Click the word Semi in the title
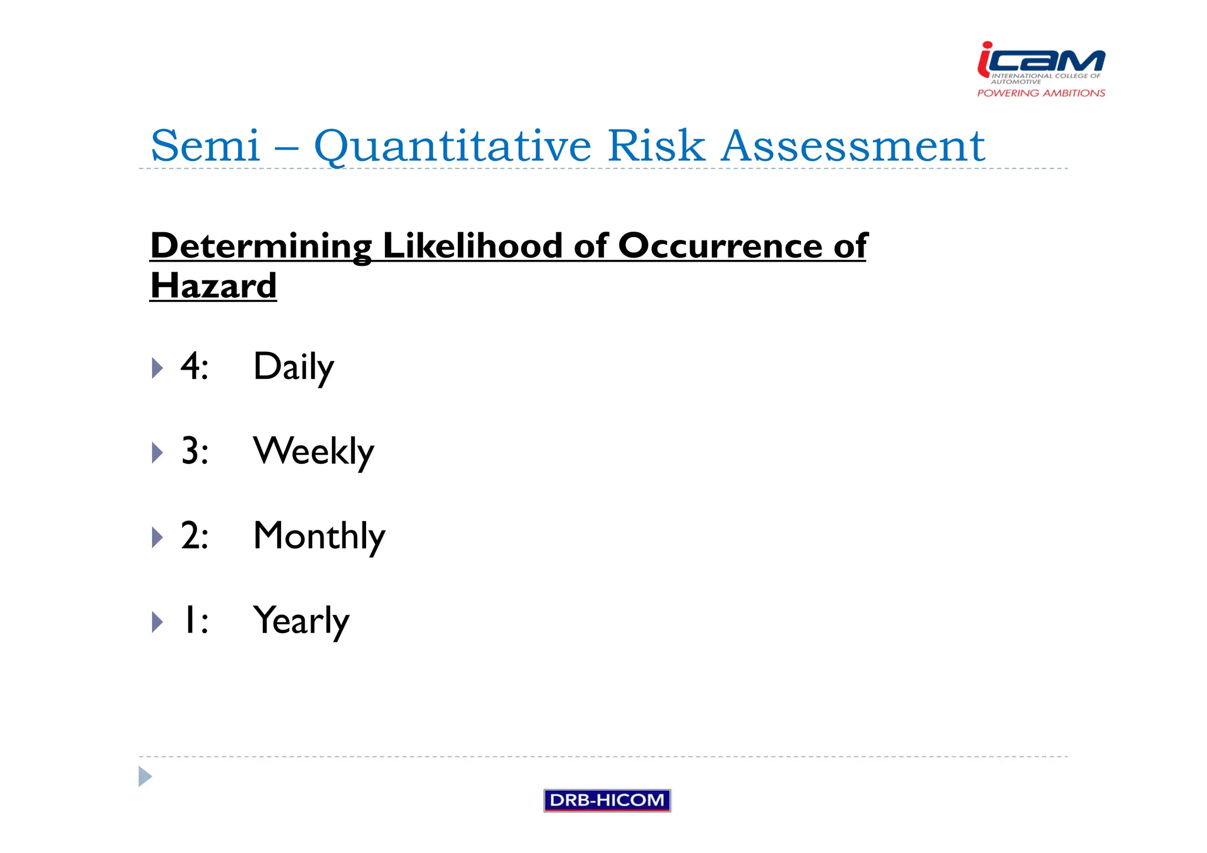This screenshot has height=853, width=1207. point(205,146)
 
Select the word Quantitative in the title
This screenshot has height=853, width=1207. point(452,146)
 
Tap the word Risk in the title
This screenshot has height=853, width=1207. point(655,146)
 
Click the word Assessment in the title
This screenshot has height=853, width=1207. point(852,146)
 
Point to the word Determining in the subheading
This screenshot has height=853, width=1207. point(260,246)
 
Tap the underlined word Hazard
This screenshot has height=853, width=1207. point(213,286)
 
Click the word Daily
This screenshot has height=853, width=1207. point(293,367)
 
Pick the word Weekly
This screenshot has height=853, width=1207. point(314,452)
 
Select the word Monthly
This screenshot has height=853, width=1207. point(319,536)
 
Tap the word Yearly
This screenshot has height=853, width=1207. point(301,621)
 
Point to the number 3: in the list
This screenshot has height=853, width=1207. point(194,452)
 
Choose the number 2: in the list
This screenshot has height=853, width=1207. point(194,536)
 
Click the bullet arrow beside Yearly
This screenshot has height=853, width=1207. point(157,622)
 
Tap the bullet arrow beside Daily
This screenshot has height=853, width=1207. point(157,368)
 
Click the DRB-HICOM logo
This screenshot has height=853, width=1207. point(606,800)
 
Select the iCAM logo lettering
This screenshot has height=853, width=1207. point(1041,61)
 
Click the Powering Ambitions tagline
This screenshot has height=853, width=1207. point(1041,93)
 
